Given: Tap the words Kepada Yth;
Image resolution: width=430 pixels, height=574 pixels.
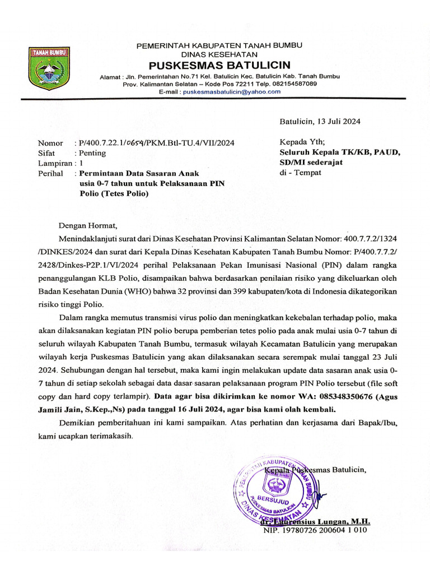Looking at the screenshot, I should tap(301, 142).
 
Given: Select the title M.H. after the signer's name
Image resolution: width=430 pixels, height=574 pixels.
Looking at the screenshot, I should tap(362, 521).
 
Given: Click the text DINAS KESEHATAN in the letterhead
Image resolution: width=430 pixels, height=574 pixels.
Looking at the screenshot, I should tap(219, 54).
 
